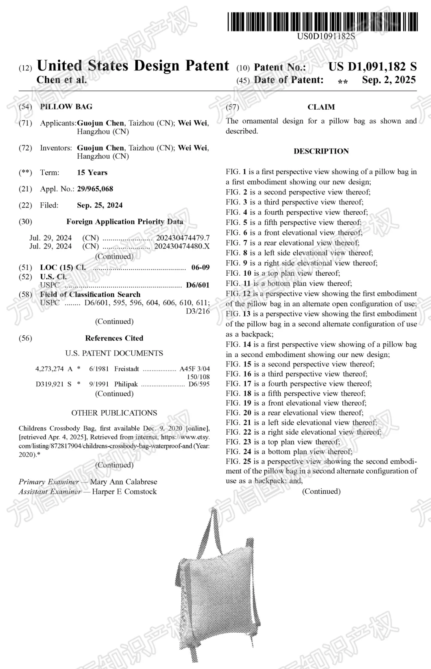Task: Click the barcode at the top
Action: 323,22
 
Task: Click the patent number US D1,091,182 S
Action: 372,67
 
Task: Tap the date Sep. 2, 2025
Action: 389,80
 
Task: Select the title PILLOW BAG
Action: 66,107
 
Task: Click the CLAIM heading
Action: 321,107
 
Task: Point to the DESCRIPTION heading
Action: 321,151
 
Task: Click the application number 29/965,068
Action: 95,189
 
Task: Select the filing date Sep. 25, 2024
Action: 100,205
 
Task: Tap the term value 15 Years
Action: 92,173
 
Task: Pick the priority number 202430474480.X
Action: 182,246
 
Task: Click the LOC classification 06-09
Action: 200,267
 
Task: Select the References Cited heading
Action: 114,338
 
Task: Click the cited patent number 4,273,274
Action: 49,369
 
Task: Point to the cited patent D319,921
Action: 49,384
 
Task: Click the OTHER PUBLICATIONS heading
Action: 114,413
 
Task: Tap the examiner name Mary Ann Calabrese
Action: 124,482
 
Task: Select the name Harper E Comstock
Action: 125,492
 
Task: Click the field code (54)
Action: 26,107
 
